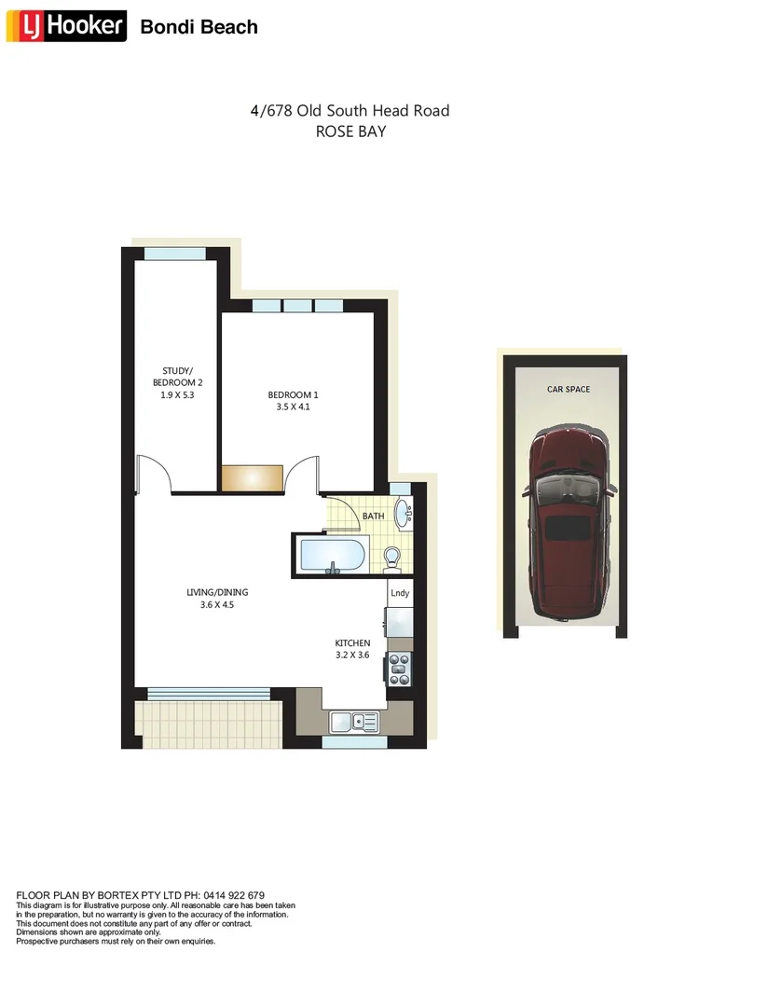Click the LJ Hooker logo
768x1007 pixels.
(x=66, y=26)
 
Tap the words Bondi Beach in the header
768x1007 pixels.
(x=199, y=27)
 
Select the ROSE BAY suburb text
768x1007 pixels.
(x=350, y=131)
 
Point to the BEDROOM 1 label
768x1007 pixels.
(x=294, y=395)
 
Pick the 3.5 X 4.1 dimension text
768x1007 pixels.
(x=294, y=407)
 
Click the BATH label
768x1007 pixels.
(x=373, y=516)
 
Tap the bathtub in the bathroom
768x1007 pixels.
(x=332, y=557)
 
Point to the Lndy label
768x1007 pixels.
(x=400, y=593)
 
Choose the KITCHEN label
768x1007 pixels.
(x=353, y=643)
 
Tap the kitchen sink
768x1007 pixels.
(x=353, y=721)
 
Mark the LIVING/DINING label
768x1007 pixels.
(x=217, y=592)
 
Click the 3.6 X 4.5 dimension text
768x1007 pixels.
(x=217, y=604)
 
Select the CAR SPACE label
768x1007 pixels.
(x=569, y=389)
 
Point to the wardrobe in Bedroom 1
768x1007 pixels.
(x=252, y=476)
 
